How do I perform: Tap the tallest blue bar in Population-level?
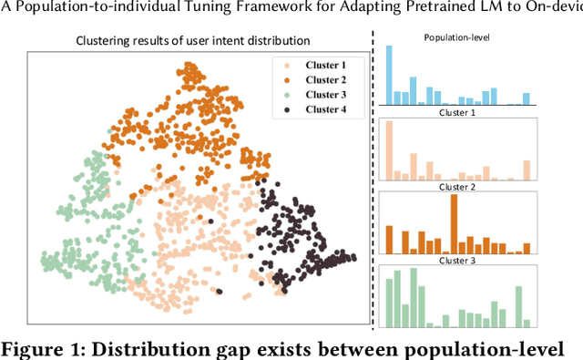[389, 77]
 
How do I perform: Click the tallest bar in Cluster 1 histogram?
[389, 153]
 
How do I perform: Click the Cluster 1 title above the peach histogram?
[457, 114]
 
